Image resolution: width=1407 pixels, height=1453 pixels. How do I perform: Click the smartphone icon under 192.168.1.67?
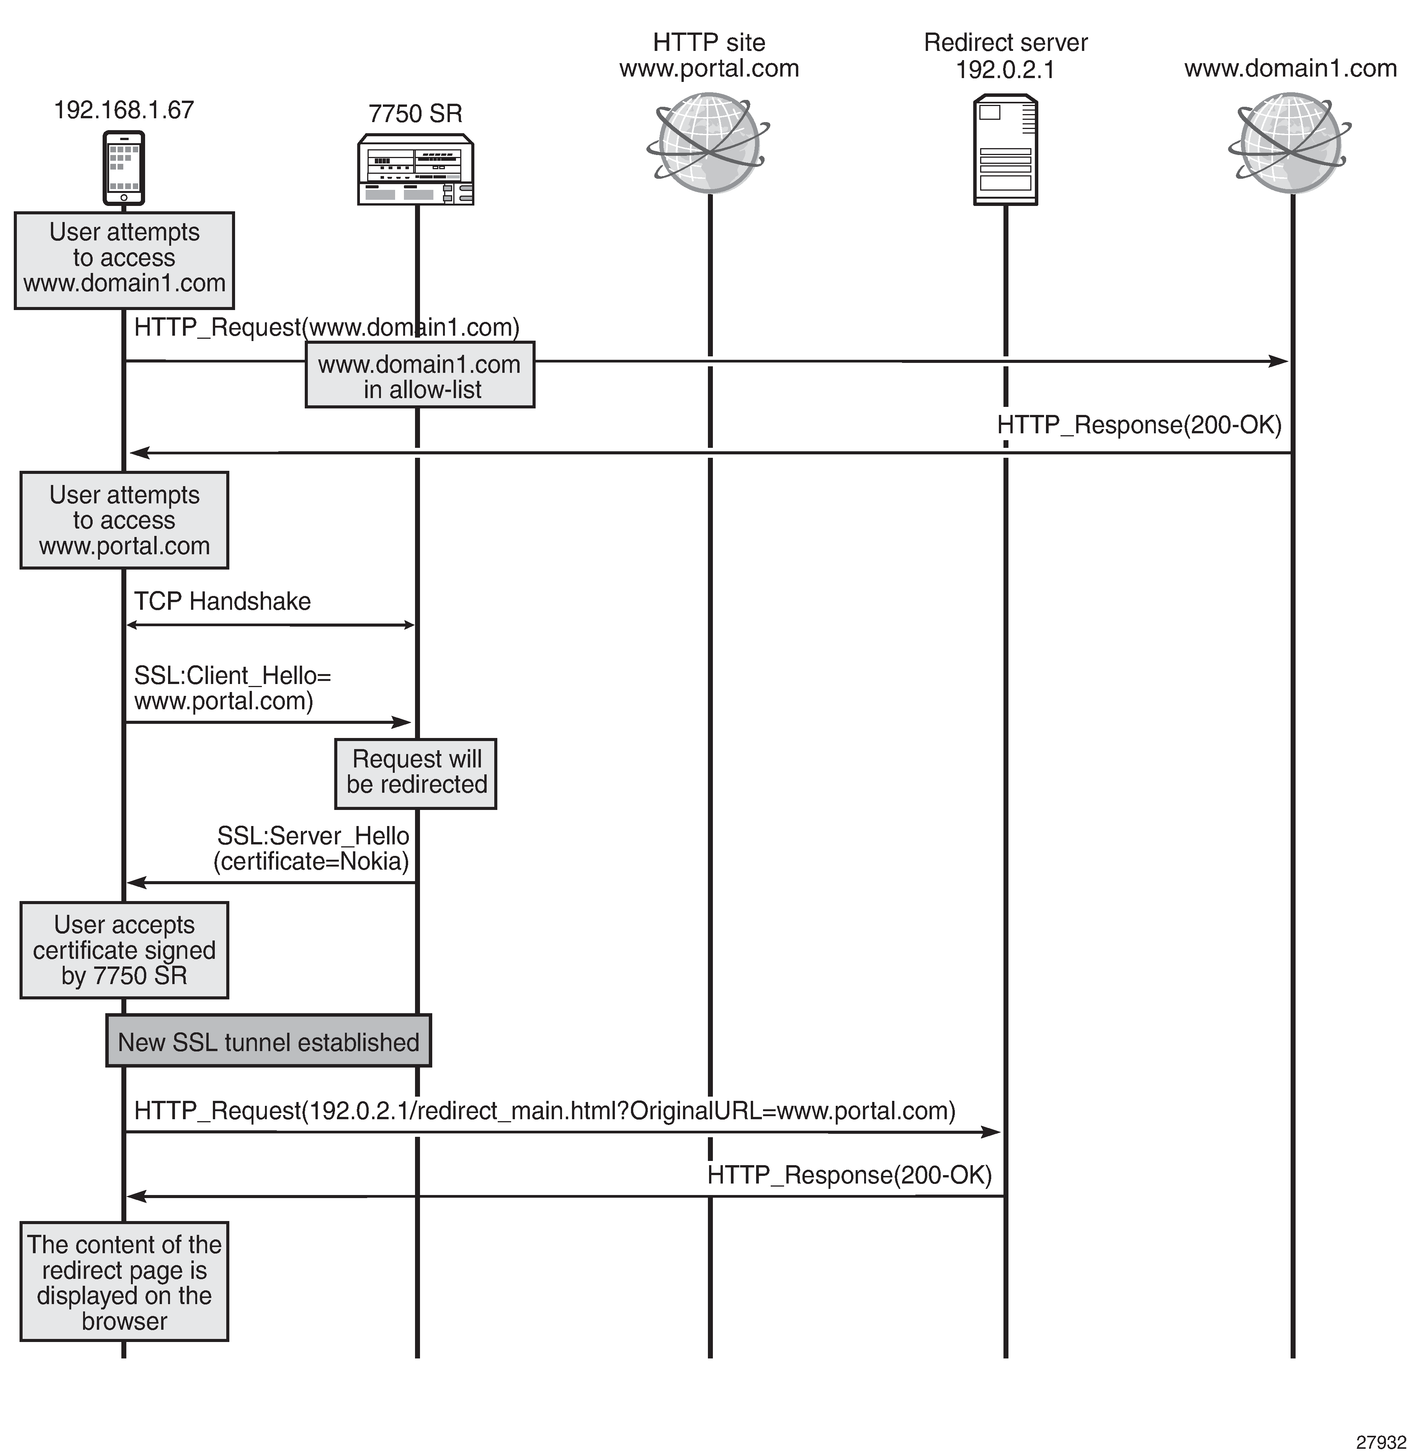(124, 168)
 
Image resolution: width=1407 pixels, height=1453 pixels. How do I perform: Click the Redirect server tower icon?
(1005, 150)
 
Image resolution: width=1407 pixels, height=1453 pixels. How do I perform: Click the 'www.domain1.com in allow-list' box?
(420, 375)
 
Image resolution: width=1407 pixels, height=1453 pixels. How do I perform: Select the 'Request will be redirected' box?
(416, 773)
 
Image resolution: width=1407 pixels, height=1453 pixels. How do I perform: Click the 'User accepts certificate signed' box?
(124, 950)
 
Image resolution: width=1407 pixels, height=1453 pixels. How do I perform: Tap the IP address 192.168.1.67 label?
(124, 110)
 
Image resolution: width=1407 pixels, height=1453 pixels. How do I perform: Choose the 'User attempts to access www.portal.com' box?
(124, 521)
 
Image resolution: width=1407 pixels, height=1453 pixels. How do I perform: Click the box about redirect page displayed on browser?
(124, 1282)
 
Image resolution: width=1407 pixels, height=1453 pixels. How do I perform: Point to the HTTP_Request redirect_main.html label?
(545, 1110)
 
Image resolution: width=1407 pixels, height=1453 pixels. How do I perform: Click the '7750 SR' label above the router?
(415, 113)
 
